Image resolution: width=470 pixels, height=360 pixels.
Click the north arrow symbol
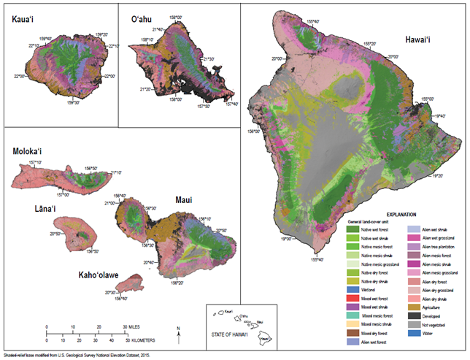click(179, 333)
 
